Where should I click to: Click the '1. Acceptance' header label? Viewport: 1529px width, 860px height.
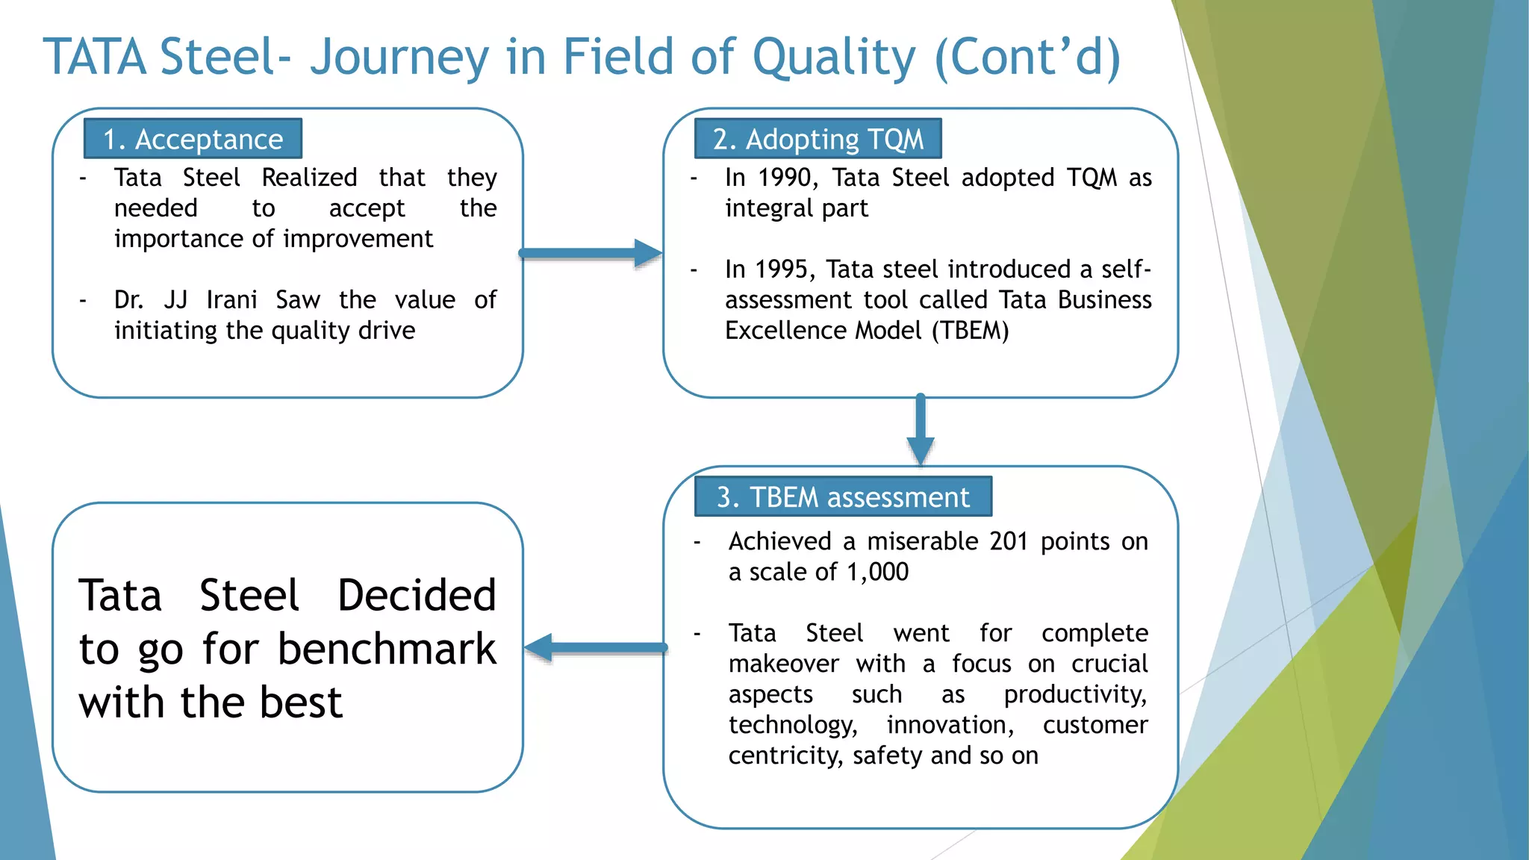pyautogui.click(x=193, y=140)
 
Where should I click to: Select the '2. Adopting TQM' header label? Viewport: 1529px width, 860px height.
pyautogui.click(x=818, y=140)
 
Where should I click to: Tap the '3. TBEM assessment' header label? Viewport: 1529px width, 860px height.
pyautogui.click(x=843, y=497)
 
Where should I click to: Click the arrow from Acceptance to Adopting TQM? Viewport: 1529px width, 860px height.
pyautogui.click(x=590, y=253)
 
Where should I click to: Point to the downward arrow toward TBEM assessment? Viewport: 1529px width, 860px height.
pyautogui.click(x=921, y=429)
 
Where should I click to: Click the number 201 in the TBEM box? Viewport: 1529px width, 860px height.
pyautogui.click(x=1009, y=541)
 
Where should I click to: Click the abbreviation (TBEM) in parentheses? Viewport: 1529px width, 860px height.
pyautogui.click(x=970, y=331)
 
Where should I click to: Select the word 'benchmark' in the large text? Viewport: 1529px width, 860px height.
pyautogui.click(x=387, y=649)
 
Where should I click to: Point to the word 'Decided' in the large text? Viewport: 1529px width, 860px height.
pyautogui.click(x=417, y=595)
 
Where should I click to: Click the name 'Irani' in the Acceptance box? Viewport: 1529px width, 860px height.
pyautogui.click(x=231, y=300)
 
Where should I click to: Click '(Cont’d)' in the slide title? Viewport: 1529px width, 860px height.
pyautogui.click(x=1027, y=57)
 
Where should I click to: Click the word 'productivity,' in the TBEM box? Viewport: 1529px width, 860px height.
pyautogui.click(x=1075, y=695)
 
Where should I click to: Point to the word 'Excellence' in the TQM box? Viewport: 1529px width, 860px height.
pyautogui.click(x=785, y=331)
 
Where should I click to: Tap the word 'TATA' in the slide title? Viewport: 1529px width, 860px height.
pyautogui.click(x=95, y=57)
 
